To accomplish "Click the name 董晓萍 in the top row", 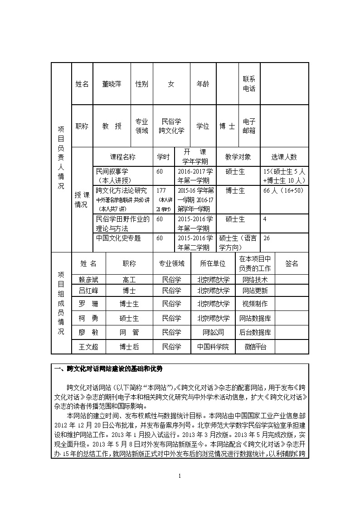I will coord(112,84).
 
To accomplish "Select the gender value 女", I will coord(171,84).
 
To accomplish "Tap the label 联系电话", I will coord(249,84).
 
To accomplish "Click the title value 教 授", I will coord(112,126).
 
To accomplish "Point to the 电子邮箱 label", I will coord(249,126).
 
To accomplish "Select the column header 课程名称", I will coord(122,157).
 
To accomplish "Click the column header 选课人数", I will coord(284,157).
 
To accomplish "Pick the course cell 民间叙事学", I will coord(112,171).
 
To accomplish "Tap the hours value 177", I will coord(161,190).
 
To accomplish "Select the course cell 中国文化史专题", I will coord(118,238).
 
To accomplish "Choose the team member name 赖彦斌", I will coord(88,280).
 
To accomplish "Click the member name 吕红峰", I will coord(88,291).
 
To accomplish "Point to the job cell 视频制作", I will coord(255,304).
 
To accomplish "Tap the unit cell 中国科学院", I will coord(213,347).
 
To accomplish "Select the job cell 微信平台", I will coord(255,347).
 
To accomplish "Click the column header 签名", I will coord(292,263).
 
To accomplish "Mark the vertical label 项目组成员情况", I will coord(61,303).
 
